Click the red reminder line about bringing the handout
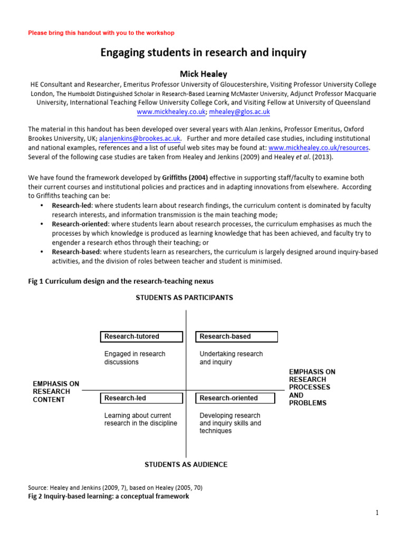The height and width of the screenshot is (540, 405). point(101,33)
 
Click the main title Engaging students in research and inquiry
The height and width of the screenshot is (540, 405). point(203,53)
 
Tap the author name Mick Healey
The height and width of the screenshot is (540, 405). point(203,74)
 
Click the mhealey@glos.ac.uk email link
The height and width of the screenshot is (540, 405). point(239,112)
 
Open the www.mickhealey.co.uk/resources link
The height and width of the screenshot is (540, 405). point(318,148)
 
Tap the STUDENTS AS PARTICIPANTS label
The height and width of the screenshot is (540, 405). point(184,298)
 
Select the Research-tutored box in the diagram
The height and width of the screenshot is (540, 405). point(141,336)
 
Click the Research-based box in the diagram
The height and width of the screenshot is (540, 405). point(236,336)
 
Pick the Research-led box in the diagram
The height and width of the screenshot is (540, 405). point(141,398)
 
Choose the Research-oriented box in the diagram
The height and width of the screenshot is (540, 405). point(235,398)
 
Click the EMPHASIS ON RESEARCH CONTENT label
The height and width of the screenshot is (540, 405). point(56,392)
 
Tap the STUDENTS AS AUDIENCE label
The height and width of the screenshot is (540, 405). point(186,465)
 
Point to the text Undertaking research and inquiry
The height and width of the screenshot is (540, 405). point(231,358)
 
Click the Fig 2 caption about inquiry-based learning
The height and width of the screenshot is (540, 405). point(108,496)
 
